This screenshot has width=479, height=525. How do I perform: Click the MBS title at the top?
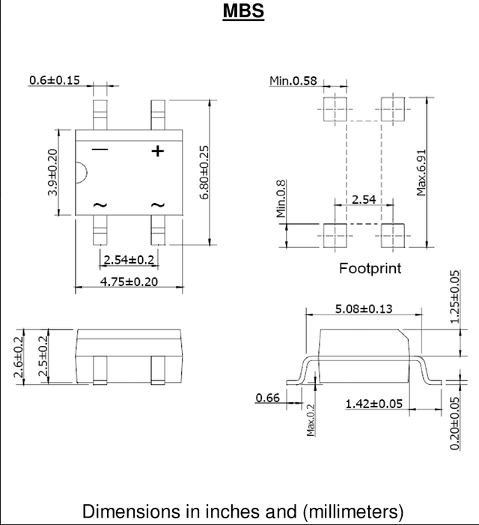[x=243, y=10]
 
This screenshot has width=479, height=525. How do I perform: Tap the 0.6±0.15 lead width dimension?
[x=55, y=80]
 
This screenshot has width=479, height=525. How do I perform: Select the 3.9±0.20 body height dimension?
[x=52, y=172]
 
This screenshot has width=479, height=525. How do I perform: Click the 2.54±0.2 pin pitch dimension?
[x=129, y=259]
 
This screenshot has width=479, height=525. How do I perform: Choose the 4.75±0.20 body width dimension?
[x=129, y=282]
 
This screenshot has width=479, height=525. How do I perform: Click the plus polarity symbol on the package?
[x=158, y=151]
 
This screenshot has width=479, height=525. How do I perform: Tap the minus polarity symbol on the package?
[x=100, y=149]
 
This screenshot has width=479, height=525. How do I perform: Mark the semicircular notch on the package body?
[x=82, y=173]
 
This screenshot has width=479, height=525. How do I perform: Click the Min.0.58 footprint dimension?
[x=293, y=81]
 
